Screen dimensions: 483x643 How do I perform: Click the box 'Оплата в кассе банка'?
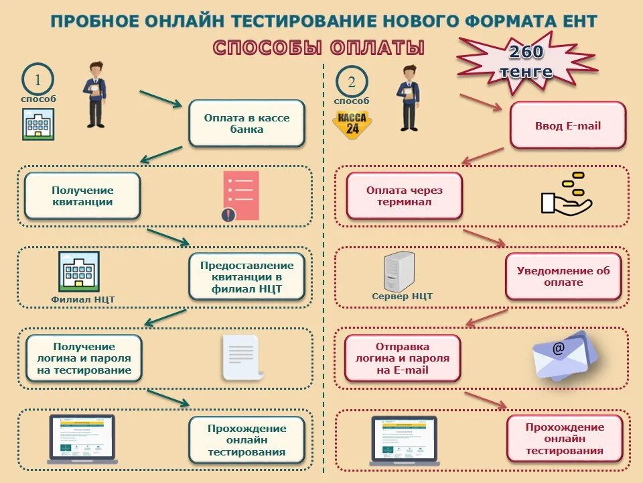click(x=246, y=123)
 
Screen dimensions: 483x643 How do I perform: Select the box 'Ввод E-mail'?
click(x=567, y=125)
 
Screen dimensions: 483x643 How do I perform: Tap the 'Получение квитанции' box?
click(x=82, y=196)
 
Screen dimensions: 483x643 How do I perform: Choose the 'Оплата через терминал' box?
click(x=404, y=196)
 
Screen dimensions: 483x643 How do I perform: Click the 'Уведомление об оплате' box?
click(x=563, y=276)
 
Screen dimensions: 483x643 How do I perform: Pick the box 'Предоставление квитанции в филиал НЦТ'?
click(x=246, y=277)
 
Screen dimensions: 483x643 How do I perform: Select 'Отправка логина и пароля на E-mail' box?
click(x=403, y=358)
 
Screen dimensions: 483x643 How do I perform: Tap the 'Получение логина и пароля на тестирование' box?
click(x=84, y=358)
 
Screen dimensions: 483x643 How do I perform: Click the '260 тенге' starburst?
click(x=526, y=62)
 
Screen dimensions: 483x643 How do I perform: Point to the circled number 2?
click(x=352, y=83)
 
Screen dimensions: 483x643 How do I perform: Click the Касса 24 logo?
click(x=352, y=125)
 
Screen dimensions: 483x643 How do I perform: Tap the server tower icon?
click(x=399, y=271)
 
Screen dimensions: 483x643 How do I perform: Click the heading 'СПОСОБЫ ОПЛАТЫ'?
click(x=318, y=48)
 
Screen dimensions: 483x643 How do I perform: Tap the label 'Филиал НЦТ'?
click(x=83, y=299)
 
